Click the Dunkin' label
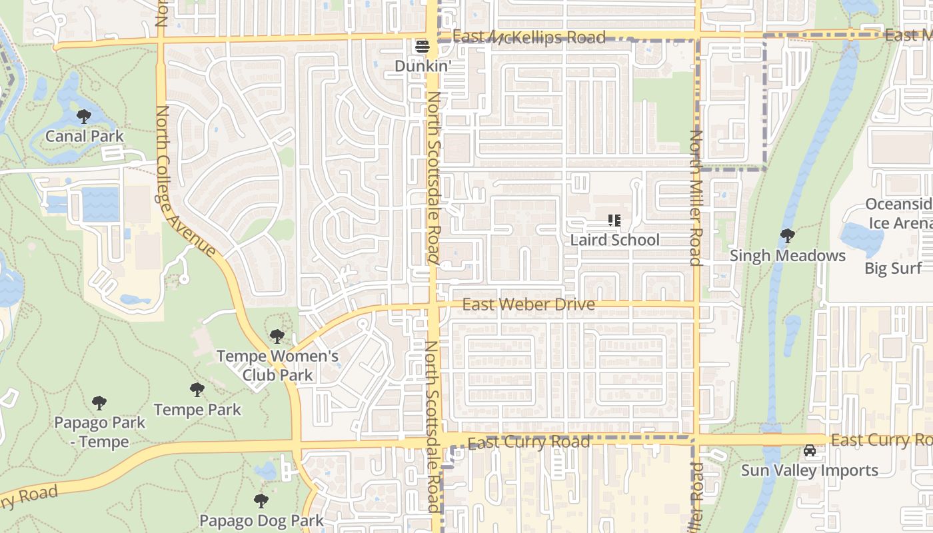tap(423, 66)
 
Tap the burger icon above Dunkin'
tap(423, 47)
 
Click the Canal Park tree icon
tap(84, 117)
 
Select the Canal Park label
tap(85, 137)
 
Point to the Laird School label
tap(615, 240)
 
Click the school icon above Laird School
tap(614, 221)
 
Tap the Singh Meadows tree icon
tap(787, 236)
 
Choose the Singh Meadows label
tap(788, 256)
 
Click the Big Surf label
tap(893, 268)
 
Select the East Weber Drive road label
tap(528, 305)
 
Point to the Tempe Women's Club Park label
tap(277, 366)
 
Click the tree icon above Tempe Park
tap(197, 390)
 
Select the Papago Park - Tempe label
tap(99, 432)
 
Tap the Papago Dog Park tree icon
tap(261, 501)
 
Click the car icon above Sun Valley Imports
tap(810, 451)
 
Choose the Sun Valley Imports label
tap(810, 470)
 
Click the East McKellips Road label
tap(529, 37)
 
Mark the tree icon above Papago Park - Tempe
tap(99, 403)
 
